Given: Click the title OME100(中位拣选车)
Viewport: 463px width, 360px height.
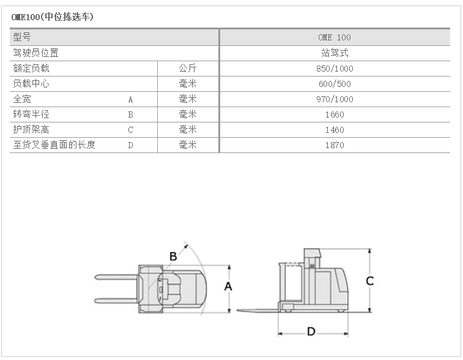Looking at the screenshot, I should [53, 17].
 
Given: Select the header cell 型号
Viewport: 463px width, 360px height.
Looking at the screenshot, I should [23, 37].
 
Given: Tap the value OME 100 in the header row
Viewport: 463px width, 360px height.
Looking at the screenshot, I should [335, 37].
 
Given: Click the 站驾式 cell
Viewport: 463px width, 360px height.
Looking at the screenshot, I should [335, 53].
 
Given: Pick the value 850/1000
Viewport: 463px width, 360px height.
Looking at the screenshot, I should [335, 69].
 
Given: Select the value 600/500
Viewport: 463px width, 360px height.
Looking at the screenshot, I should [335, 84].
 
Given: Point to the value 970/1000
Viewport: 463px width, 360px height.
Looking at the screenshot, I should [335, 99].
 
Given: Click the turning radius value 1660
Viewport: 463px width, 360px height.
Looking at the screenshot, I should [335, 114].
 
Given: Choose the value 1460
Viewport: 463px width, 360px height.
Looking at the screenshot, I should [335, 130].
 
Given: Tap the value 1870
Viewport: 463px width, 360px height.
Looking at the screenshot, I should [335, 145].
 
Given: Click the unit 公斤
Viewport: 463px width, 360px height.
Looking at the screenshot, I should [188, 69].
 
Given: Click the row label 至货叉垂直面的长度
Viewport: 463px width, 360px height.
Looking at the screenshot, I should [54, 145].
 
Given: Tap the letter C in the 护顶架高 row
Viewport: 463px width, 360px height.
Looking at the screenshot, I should [130, 130].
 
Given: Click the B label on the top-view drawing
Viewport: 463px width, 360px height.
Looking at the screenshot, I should [173, 256].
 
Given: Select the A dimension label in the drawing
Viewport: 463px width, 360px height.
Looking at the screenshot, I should [228, 286].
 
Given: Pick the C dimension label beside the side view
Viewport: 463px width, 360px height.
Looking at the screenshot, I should [369, 281].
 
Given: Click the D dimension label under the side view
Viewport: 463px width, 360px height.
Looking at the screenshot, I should [311, 332].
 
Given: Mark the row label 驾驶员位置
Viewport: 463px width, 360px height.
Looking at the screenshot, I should [36, 53].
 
